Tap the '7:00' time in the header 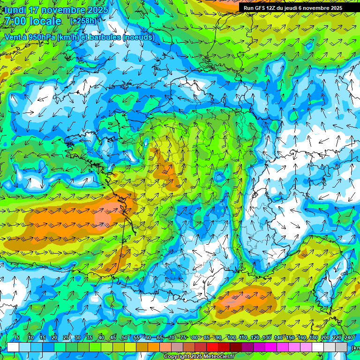(14, 21)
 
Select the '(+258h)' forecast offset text (83, 21)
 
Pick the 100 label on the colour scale (232, 337)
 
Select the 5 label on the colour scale (18, 337)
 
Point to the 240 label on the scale (349, 337)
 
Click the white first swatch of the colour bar (13, 347)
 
